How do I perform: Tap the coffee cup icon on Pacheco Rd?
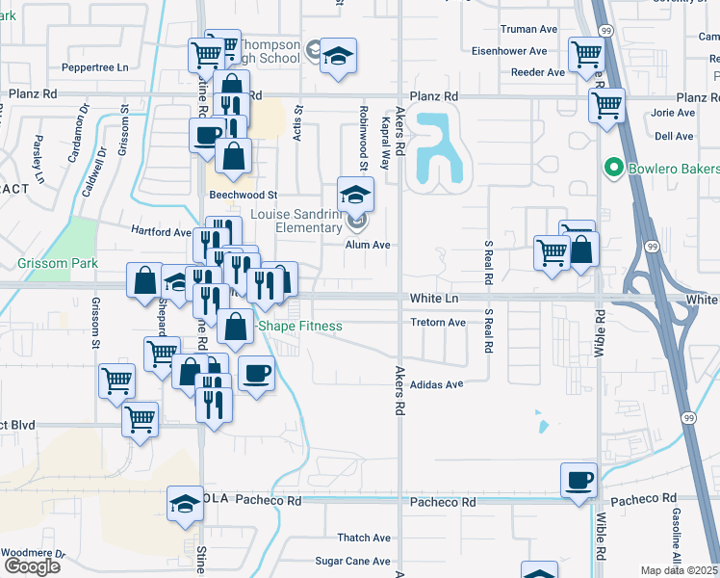579,480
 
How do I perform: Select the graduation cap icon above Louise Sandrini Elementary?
355,195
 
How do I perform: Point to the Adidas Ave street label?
437,383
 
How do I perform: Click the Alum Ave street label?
368,245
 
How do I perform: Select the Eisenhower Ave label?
510,51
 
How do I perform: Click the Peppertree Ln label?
94,68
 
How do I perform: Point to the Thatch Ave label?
364,538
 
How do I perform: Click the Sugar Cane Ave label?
353,561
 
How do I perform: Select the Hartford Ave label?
161,232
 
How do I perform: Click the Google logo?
32,566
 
